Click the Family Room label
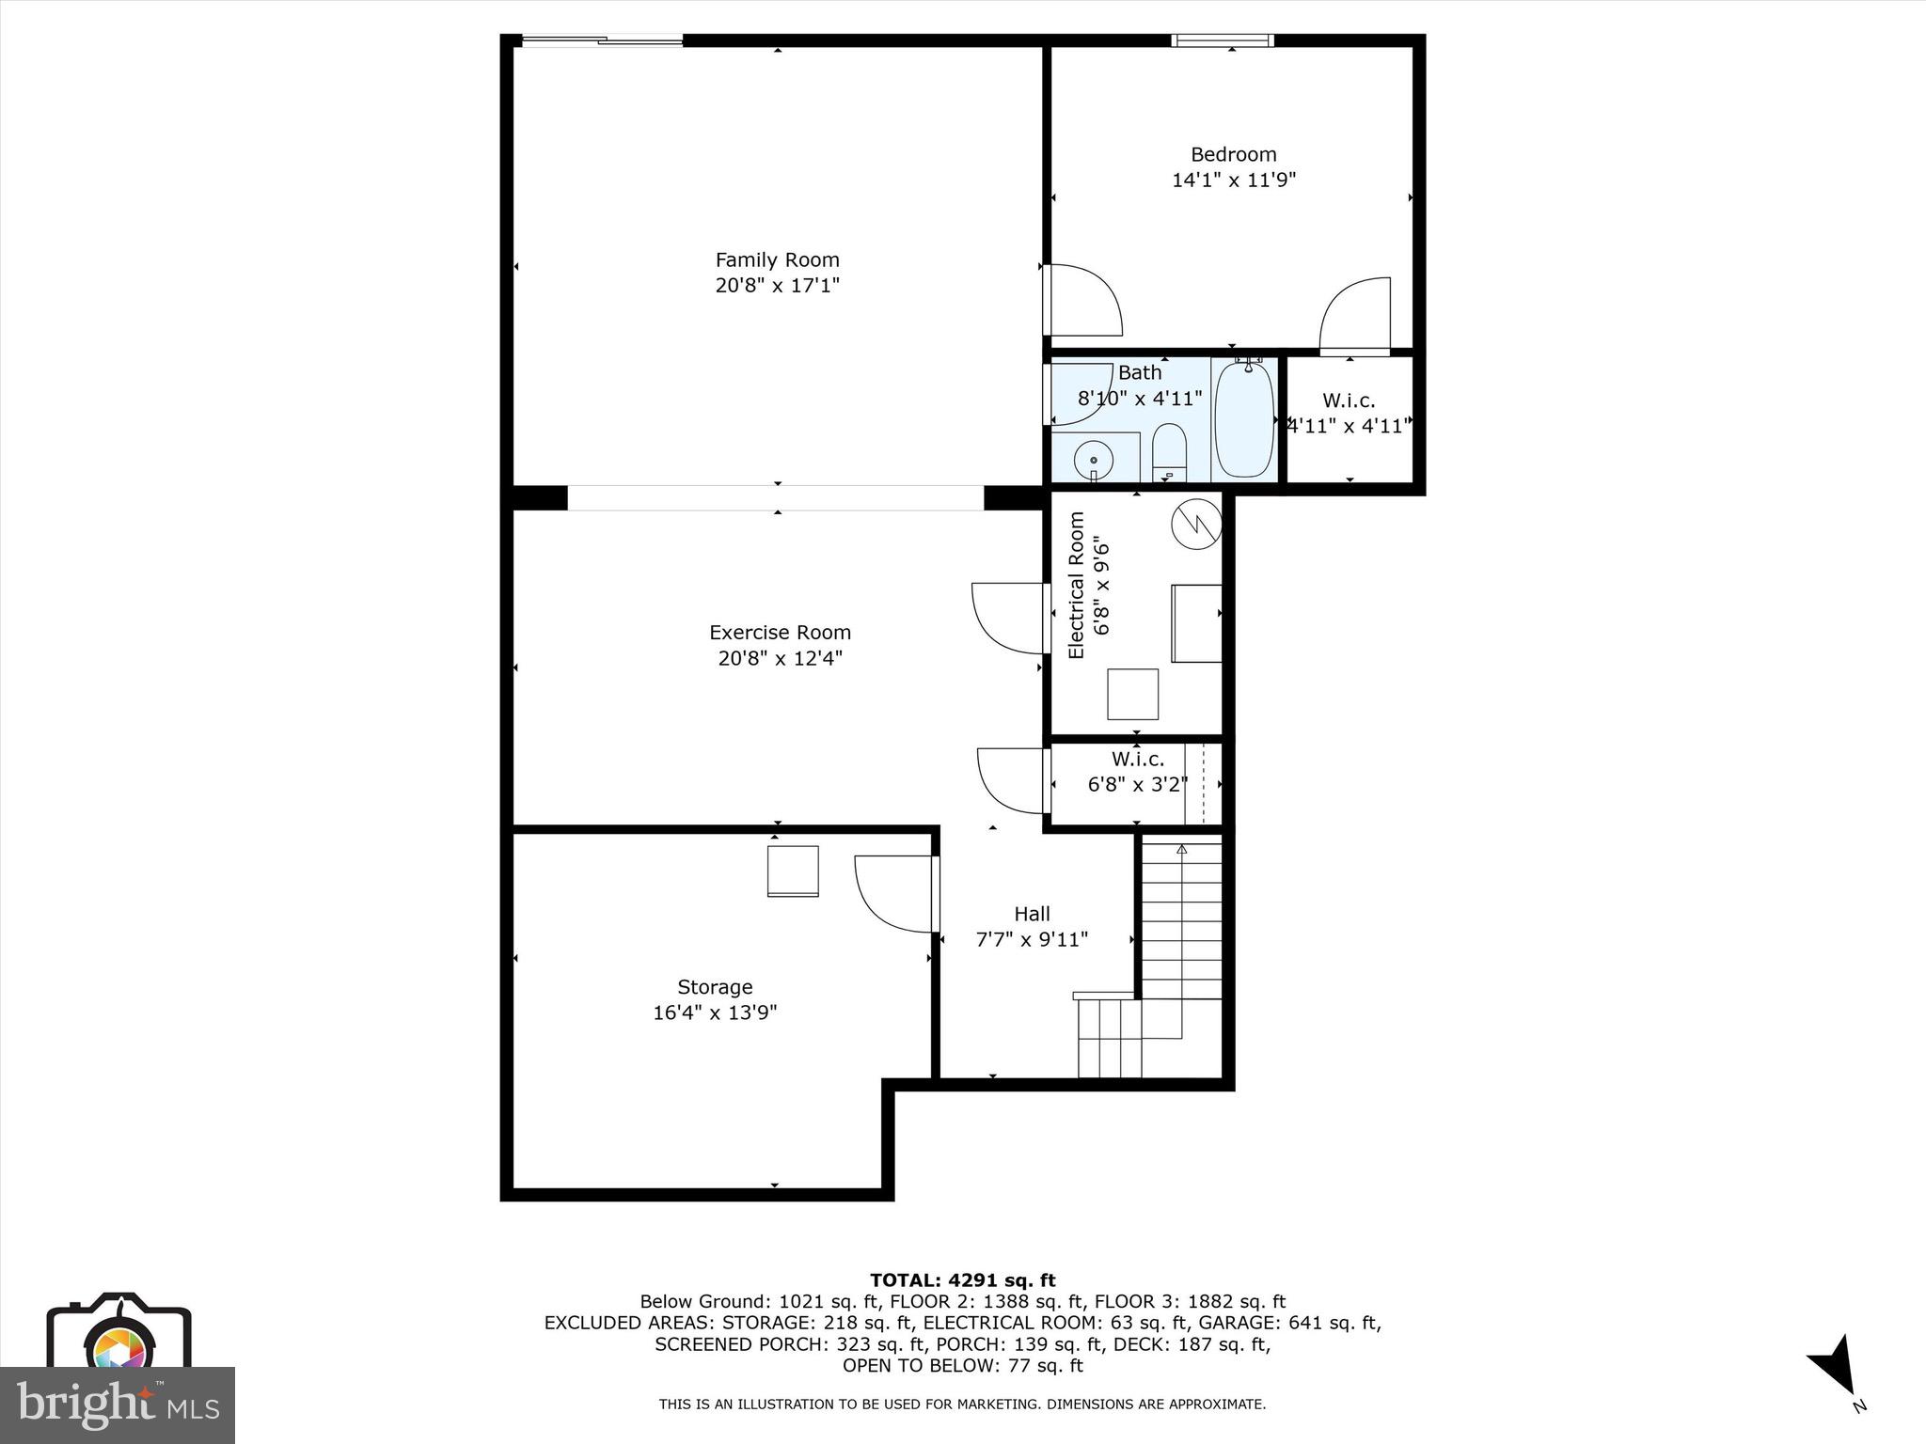[777, 260]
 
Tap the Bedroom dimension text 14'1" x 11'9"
[1233, 180]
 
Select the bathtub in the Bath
[1243, 419]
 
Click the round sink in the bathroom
[1094, 460]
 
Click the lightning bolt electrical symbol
[1196, 523]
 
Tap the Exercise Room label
[780, 633]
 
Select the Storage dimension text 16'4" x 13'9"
[715, 1012]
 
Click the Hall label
[1032, 914]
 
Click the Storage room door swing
[894, 893]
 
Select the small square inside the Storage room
[793, 871]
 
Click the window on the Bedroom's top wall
[1223, 40]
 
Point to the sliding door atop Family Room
[602, 40]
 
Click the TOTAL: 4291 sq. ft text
[962, 1280]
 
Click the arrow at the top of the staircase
[1182, 850]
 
